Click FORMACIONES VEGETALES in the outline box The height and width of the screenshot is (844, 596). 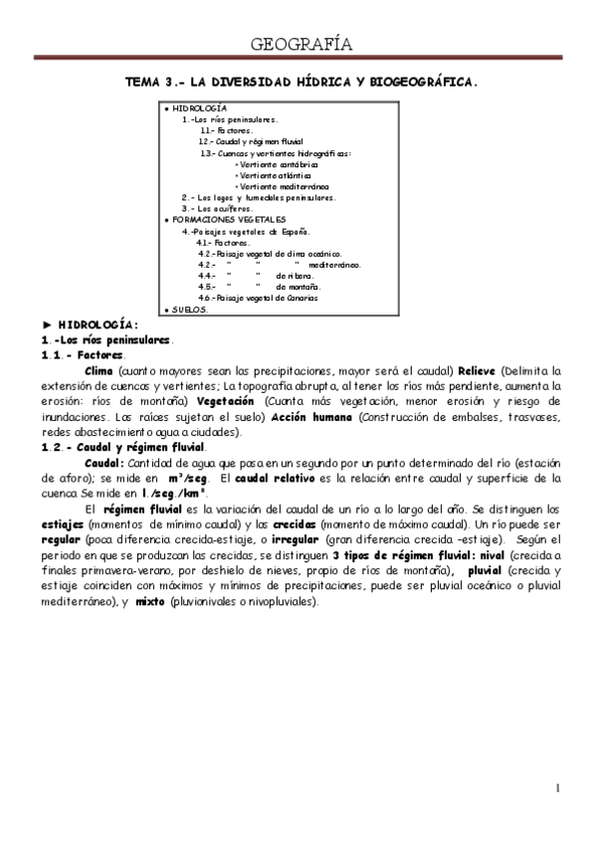(229, 218)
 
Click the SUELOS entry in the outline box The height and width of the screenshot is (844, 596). (188, 310)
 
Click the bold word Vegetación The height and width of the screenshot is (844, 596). (241, 401)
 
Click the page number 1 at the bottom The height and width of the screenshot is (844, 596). (558, 789)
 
